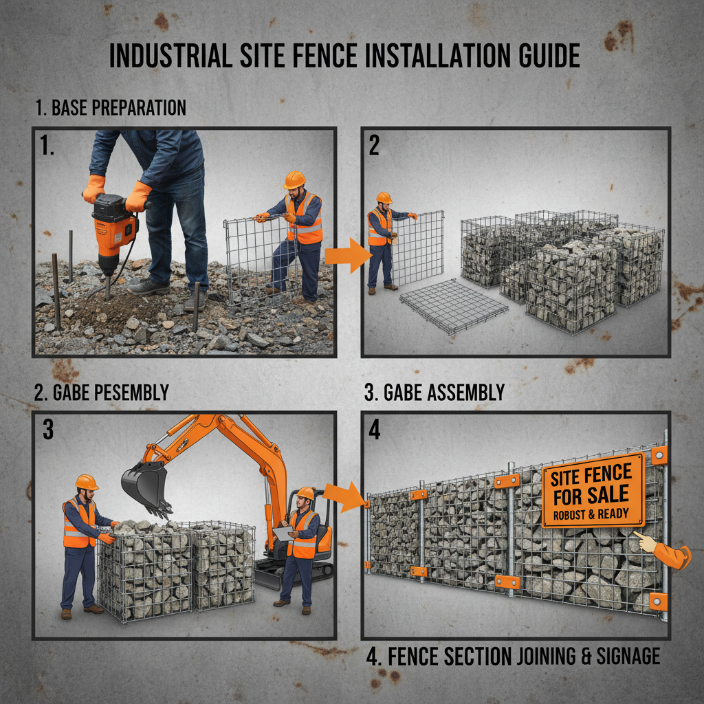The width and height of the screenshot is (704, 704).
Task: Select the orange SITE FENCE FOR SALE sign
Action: click(593, 490)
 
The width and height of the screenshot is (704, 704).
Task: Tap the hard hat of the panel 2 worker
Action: click(384, 197)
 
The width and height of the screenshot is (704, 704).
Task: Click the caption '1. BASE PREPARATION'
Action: click(110, 108)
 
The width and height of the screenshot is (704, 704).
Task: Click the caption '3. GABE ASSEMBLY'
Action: click(434, 393)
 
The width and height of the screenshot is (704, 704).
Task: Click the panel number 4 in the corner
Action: click(375, 430)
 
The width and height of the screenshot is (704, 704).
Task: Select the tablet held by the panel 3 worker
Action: click(283, 533)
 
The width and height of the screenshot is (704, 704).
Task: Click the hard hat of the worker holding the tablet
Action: click(305, 493)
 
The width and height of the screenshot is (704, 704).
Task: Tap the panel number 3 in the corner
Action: click(47, 429)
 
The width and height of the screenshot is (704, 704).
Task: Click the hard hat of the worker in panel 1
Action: click(294, 179)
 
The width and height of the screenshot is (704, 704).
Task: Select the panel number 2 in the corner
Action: click(375, 146)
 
